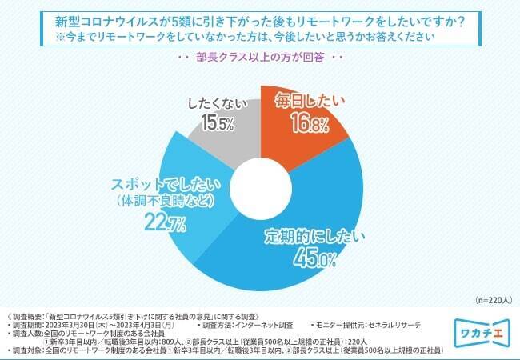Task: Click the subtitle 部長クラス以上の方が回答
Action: click(259, 58)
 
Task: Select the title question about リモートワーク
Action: click(259, 19)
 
